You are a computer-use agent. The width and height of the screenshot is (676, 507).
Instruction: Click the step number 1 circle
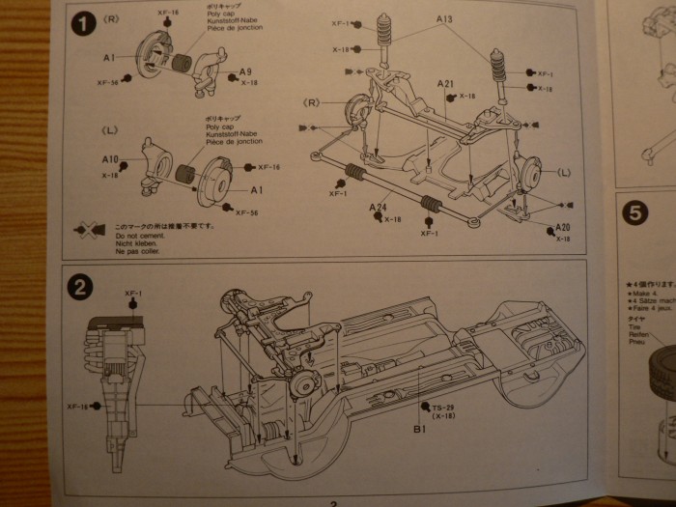[x=83, y=26]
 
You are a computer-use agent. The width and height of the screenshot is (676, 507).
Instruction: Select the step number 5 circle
[x=634, y=213]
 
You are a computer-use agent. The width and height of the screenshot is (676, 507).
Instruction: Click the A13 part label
[x=444, y=19]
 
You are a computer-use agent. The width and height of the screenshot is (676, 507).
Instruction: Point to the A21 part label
[x=444, y=84]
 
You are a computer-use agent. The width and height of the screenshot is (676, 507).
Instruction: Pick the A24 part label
[x=378, y=208]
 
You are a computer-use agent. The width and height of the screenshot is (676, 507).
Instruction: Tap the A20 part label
[x=563, y=228]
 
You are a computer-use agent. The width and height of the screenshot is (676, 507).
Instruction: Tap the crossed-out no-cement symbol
[x=93, y=230]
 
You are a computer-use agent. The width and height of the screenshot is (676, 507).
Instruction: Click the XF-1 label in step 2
[x=133, y=293]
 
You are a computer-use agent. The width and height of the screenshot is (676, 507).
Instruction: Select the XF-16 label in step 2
[x=77, y=408]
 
